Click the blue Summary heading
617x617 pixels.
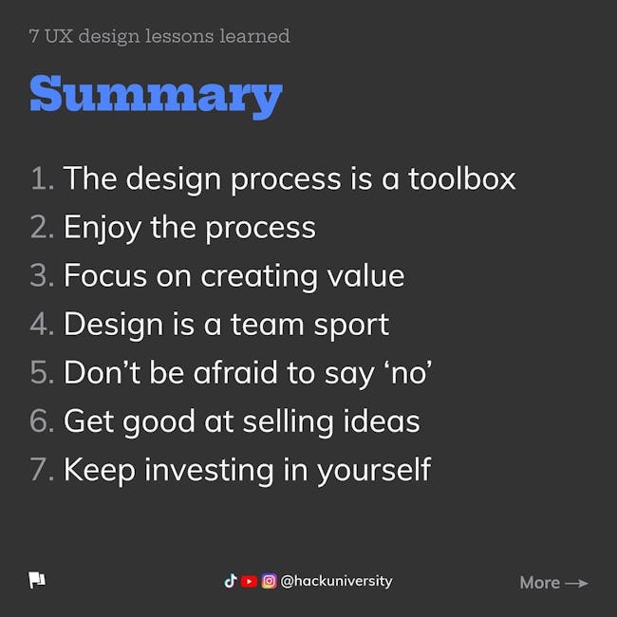157,97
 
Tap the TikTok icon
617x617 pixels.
231,581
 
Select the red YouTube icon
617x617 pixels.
249,581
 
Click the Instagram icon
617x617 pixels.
270,581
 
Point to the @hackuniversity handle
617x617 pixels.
336,581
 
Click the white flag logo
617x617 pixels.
37,580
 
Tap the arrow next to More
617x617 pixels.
576,583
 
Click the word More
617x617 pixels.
539,583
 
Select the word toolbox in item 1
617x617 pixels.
461,178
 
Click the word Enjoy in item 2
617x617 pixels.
103,228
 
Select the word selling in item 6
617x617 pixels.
288,421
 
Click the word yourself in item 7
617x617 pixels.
374,470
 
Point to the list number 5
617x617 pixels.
42,372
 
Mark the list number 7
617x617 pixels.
42,469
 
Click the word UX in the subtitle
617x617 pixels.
59,36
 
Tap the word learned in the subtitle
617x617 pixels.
254,36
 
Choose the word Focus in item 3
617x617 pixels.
105,275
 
